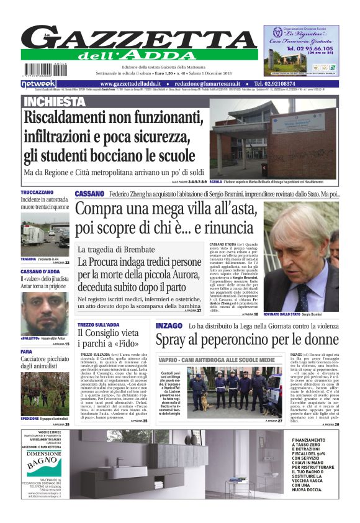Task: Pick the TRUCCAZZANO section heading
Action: (37, 193)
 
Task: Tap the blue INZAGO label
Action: (169, 325)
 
